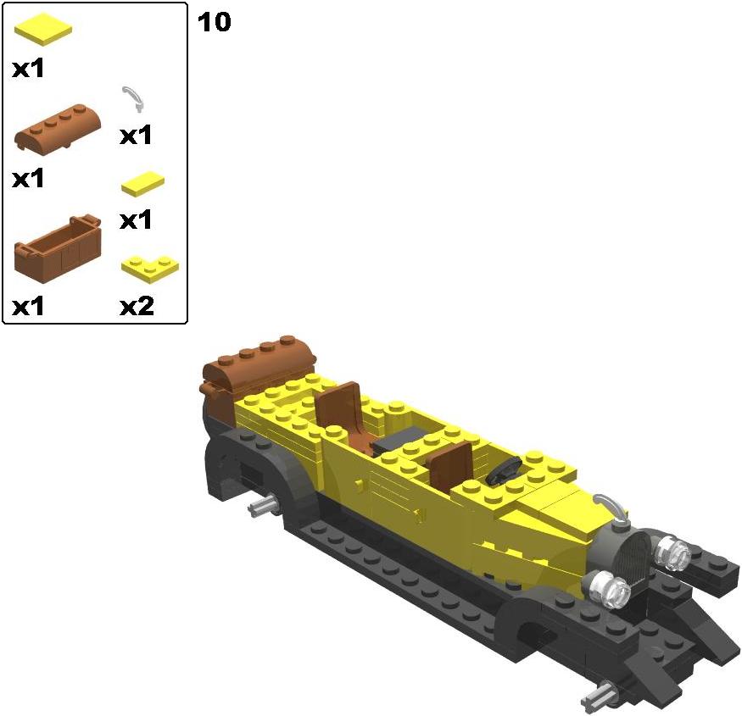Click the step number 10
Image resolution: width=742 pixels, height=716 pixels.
pyautogui.click(x=214, y=23)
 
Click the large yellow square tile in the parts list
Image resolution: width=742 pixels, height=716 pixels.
pyautogui.click(x=43, y=30)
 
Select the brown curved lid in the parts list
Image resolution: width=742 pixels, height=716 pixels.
pyautogui.click(x=58, y=127)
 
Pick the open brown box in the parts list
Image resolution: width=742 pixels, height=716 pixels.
pyautogui.click(x=58, y=249)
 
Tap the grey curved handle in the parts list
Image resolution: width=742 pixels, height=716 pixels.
pyautogui.click(x=134, y=99)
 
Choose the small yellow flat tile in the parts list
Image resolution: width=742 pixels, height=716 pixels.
pyautogui.click(x=143, y=184)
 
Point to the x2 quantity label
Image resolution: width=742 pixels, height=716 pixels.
pyautogui.click(x=137, y=306)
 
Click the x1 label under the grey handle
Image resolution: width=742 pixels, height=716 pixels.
pyautogui.click(x=136, y=136)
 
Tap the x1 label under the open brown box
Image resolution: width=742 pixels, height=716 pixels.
pyautogui.click(x=28, y=306)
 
